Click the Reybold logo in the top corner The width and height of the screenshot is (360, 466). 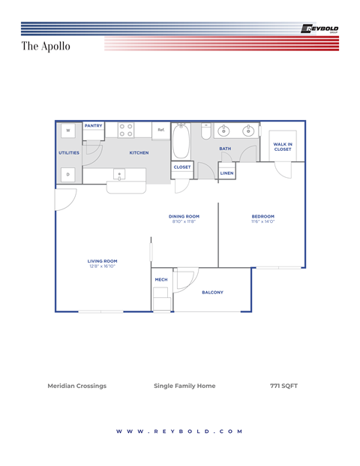click(x=319, y=29)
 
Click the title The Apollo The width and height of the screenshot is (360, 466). click(x=46, y=47)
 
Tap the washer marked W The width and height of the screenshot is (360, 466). click(x=68, y=131)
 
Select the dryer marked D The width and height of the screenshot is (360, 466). click(x=68, y=174)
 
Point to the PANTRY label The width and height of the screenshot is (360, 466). click(x=94, y=126)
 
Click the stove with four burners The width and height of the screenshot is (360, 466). click(x=126, y=131)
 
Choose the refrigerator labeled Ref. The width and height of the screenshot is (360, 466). click(x=160, y=131)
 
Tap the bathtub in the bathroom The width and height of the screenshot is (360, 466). click(x=181, y=140)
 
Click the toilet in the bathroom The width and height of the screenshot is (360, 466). click(x=206, y=132)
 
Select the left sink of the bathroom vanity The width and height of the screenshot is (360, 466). click(x=223, y=131)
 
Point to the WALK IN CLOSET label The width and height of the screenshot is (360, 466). click(x=283, y=146)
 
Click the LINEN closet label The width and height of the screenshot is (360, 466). click(x=226, y=173)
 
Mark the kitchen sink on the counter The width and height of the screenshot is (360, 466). click(x=118, y=174)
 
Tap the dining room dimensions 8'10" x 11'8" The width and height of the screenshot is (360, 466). click(x=184, y=221)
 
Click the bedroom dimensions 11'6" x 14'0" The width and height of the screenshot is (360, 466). click(x=262, y=221)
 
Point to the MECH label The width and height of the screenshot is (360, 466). click(x=161, y=279)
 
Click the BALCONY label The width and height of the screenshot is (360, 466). click(x=212, y=293)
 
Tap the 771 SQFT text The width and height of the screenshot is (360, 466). click(x=283, y=386)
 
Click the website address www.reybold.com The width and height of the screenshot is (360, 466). click(x=180, y=431)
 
